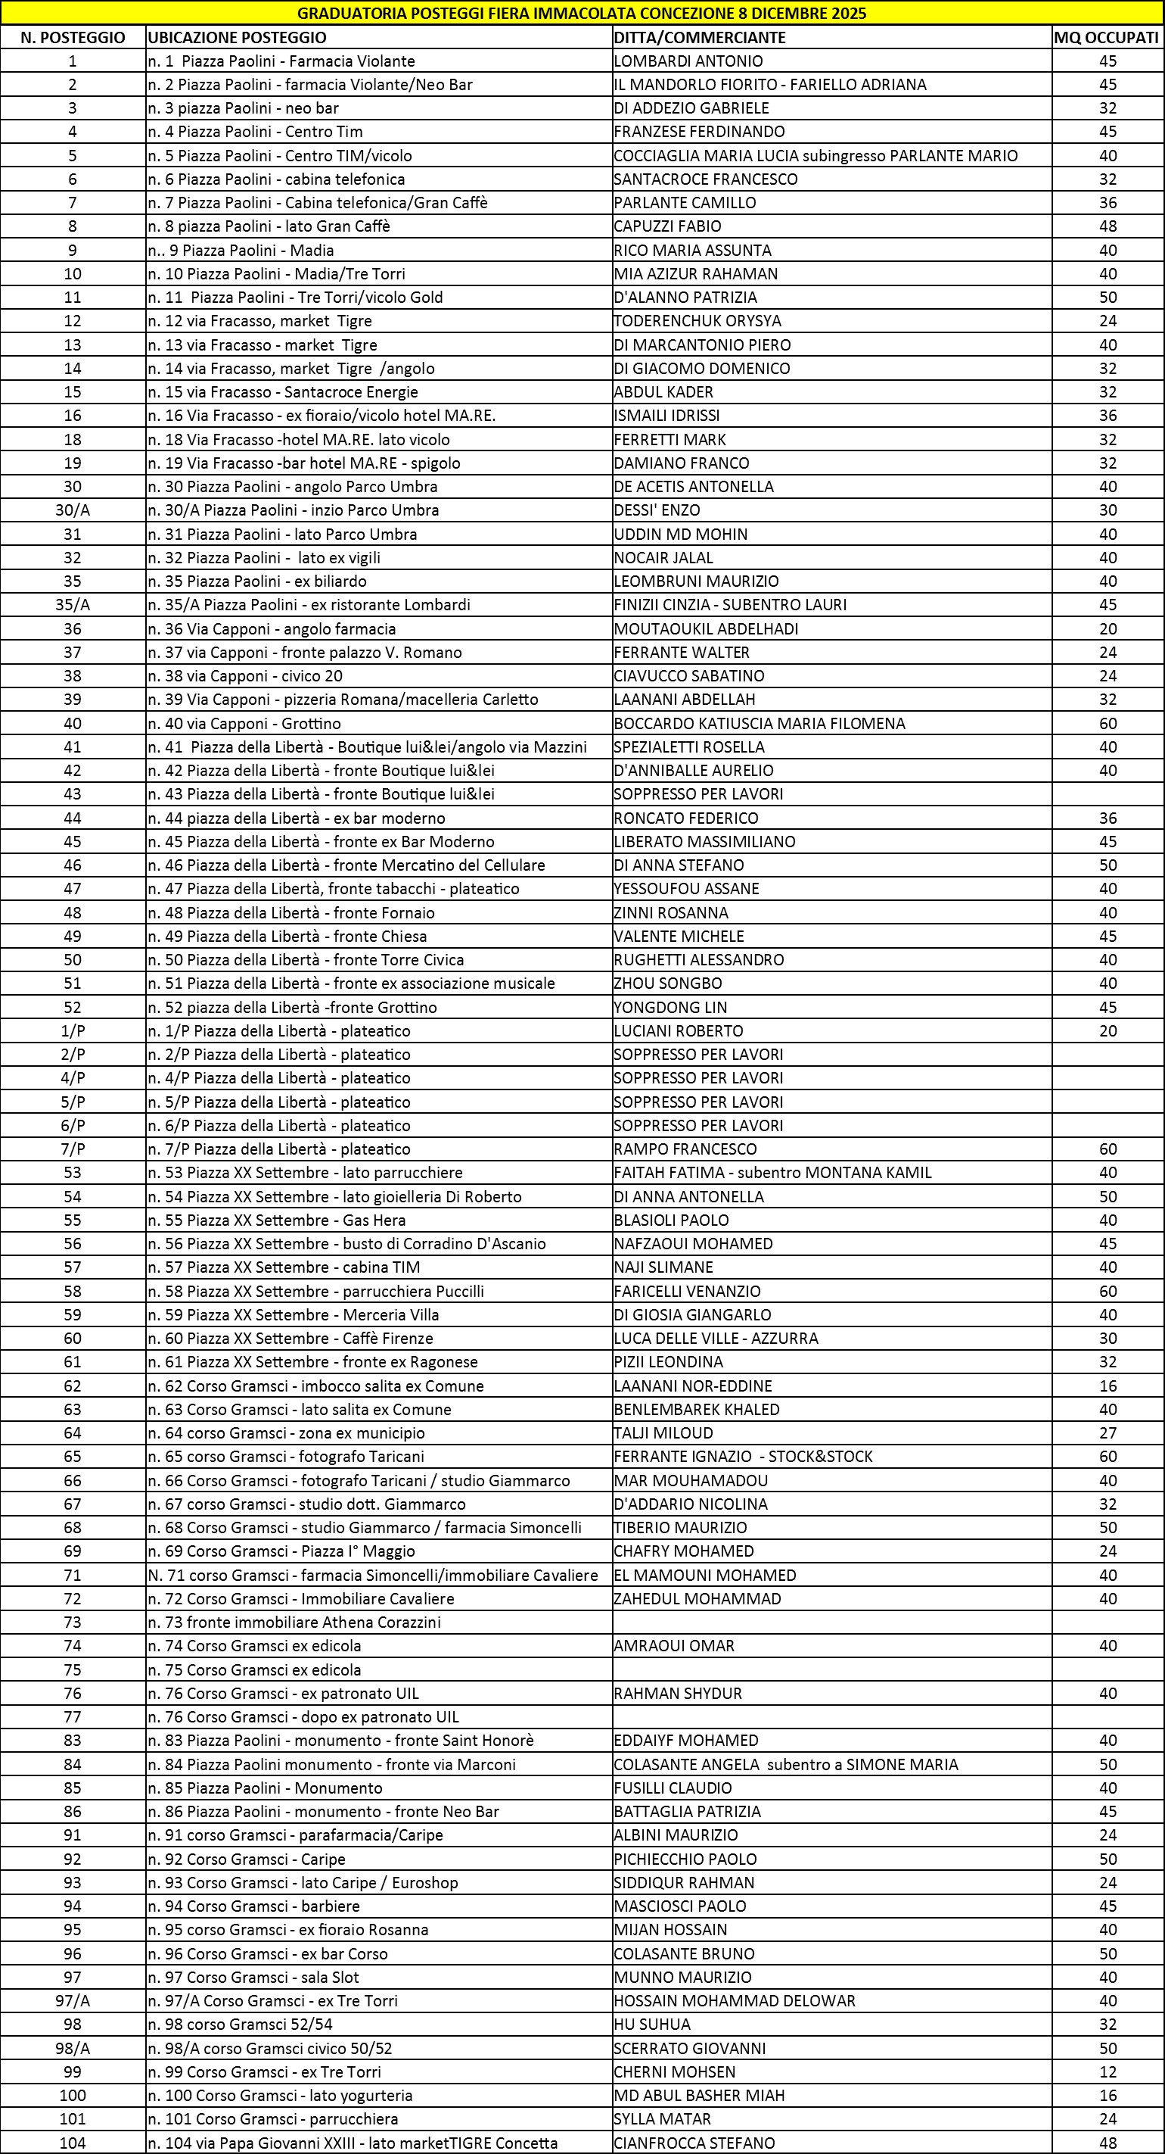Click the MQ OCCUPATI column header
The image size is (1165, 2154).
point(1107,38)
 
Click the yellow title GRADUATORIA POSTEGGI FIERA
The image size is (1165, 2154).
point(582,14)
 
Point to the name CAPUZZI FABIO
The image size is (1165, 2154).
point(667,226)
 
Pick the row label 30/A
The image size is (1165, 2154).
point(73,510)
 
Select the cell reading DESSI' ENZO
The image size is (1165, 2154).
point(657,510)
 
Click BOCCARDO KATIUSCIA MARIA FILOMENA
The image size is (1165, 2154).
point(759,723)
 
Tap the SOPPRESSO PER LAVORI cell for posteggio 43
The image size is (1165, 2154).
point(697,793)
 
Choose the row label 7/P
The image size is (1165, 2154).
point(73,1149)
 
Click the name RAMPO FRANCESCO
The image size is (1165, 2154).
point(685,1149)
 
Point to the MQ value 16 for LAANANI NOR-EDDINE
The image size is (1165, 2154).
point(1108,1386)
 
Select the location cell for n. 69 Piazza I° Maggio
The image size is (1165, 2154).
point(281,1551)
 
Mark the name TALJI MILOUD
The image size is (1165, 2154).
point(663,1432)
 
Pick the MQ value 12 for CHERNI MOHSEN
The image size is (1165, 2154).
point(1108,2071)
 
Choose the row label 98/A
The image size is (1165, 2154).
point(73,2048)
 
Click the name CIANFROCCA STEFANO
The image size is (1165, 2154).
point(694,2143)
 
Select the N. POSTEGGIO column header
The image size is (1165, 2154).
point(73,38)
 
